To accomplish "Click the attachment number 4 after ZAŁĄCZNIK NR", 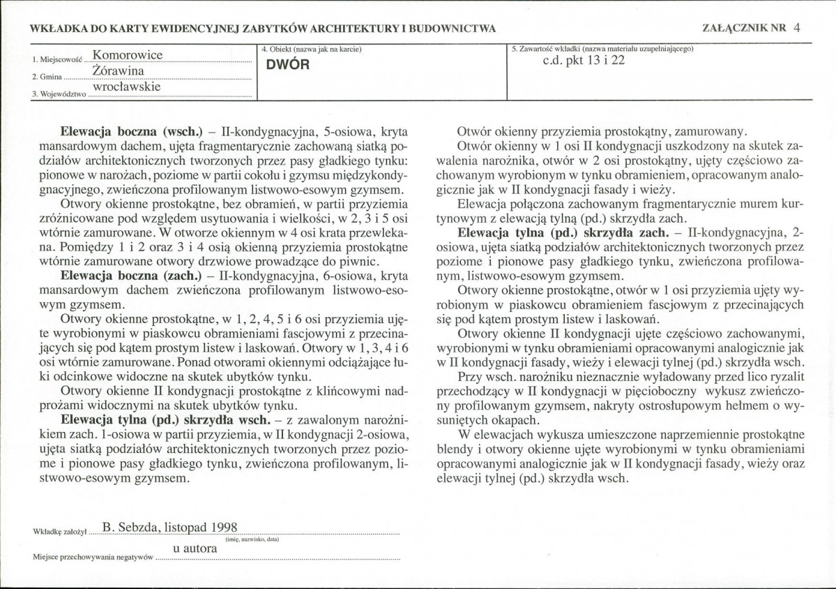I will coord(796,28).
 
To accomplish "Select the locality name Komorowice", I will coord(127,54).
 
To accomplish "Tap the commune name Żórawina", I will coord(118,71).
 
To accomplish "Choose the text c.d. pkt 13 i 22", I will coord(584,61).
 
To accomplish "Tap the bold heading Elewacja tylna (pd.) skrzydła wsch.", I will coord(165,420).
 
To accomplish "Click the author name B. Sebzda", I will coord(128,528).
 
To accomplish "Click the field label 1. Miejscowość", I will coord(57,60).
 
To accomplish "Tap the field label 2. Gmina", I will coord(47,76).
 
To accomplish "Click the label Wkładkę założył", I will coord(59,532).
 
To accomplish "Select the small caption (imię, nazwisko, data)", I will coord(252,539).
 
